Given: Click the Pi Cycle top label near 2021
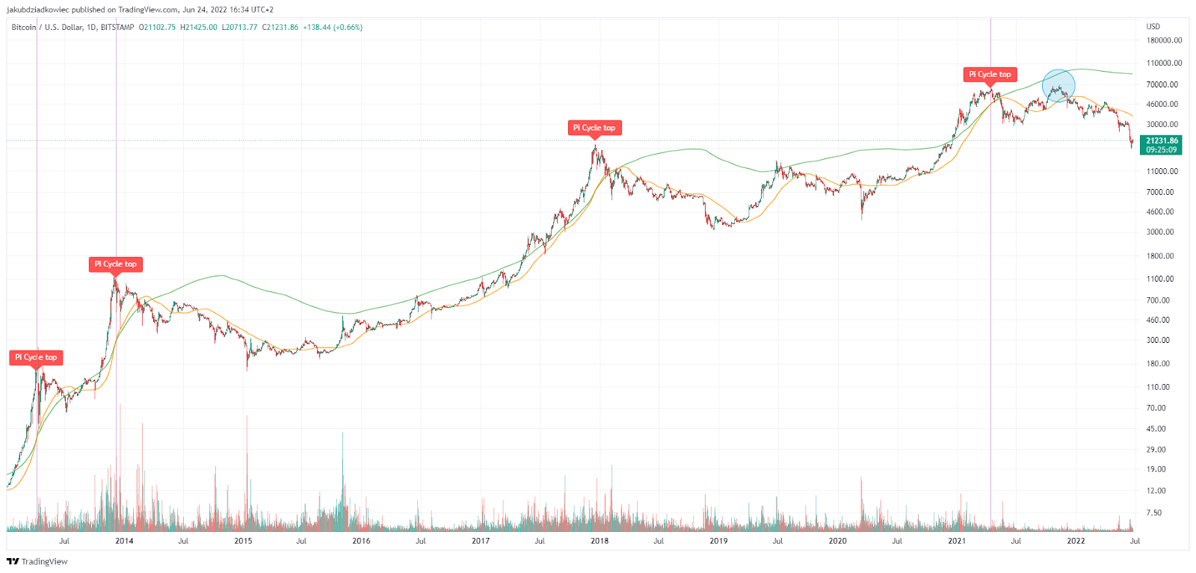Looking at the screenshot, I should click(x=990, y=74).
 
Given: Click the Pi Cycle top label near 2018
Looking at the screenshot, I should click(x=594, y=128).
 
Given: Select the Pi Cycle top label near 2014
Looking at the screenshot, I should click(x=115, y=264).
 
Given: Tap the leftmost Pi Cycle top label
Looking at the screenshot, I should click(x=36, y=357).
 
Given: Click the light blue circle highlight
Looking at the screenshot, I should click(x=1058, y=85).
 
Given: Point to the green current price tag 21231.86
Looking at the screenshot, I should click(x=1161, y=145).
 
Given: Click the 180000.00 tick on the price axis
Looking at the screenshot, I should click(x=1164, y=40).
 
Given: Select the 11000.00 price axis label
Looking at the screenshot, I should click(x=1162, y=171).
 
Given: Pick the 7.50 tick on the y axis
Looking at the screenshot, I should click(x=1154, y=512).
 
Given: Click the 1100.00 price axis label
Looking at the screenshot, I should click(x=1160, y=279).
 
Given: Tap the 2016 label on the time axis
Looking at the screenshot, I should click(x=361, y=541).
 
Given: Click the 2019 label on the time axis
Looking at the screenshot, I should click(x=718, y=541).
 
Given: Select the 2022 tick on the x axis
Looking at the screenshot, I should click(x=1076, y=541).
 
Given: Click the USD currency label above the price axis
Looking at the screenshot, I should click(x=1153, y=26).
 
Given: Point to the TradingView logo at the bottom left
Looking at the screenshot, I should click(x=37, y=561).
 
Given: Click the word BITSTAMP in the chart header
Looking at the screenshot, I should click(x=117, y=27).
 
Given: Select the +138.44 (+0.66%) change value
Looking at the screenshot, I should click(x=333, y=27).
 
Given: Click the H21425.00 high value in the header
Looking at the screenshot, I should click(x=199, y=27).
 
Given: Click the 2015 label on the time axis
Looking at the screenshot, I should click(x=243, y=541).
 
